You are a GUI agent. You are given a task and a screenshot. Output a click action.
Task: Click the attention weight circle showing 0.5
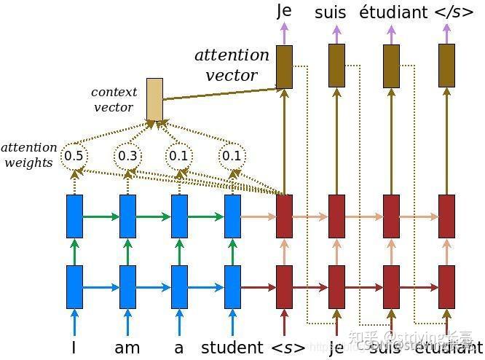coord(74,156)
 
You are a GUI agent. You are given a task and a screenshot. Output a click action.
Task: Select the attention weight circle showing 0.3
coord(127,156)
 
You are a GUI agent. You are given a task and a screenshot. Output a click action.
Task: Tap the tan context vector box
coord(154,99)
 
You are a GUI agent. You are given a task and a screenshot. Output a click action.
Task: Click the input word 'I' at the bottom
coord(74,348)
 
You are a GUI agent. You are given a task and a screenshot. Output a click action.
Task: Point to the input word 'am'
coord(127,348)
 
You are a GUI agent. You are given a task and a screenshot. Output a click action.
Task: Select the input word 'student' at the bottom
coord(232,348)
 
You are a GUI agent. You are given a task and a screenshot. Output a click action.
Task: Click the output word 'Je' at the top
coord(284,11)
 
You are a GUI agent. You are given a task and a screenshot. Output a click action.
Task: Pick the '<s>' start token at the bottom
coord(288,348)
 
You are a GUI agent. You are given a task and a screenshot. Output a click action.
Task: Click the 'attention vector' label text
coord(232,65)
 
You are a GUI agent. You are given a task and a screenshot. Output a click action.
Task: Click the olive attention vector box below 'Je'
coord(284,66)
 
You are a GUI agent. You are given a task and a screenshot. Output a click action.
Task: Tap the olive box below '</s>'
coord(447,66)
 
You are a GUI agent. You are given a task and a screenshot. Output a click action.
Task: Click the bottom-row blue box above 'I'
coord(74,288)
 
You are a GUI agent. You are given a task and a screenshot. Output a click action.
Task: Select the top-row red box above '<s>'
coord(284,216)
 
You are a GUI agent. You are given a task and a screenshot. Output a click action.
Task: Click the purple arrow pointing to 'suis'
coord(336,34)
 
